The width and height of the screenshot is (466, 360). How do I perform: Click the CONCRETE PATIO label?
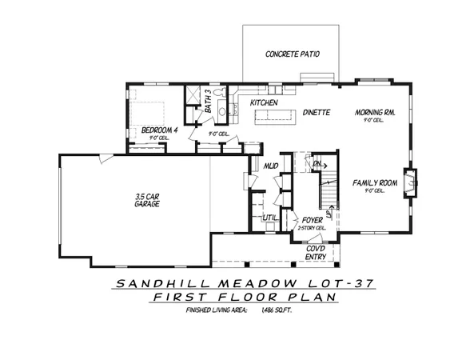[293, 54]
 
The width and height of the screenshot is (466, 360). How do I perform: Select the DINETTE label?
[317, 112]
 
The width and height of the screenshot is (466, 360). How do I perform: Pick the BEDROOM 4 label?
[159, 130]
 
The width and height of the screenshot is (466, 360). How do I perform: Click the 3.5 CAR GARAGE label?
[148, 200]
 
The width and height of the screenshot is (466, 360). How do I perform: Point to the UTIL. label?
[269, 217]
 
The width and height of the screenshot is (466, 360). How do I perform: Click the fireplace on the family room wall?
[412, 182]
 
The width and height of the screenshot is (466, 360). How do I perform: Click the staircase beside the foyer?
[326, 192]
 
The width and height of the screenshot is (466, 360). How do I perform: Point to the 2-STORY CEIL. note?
[311, 229]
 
